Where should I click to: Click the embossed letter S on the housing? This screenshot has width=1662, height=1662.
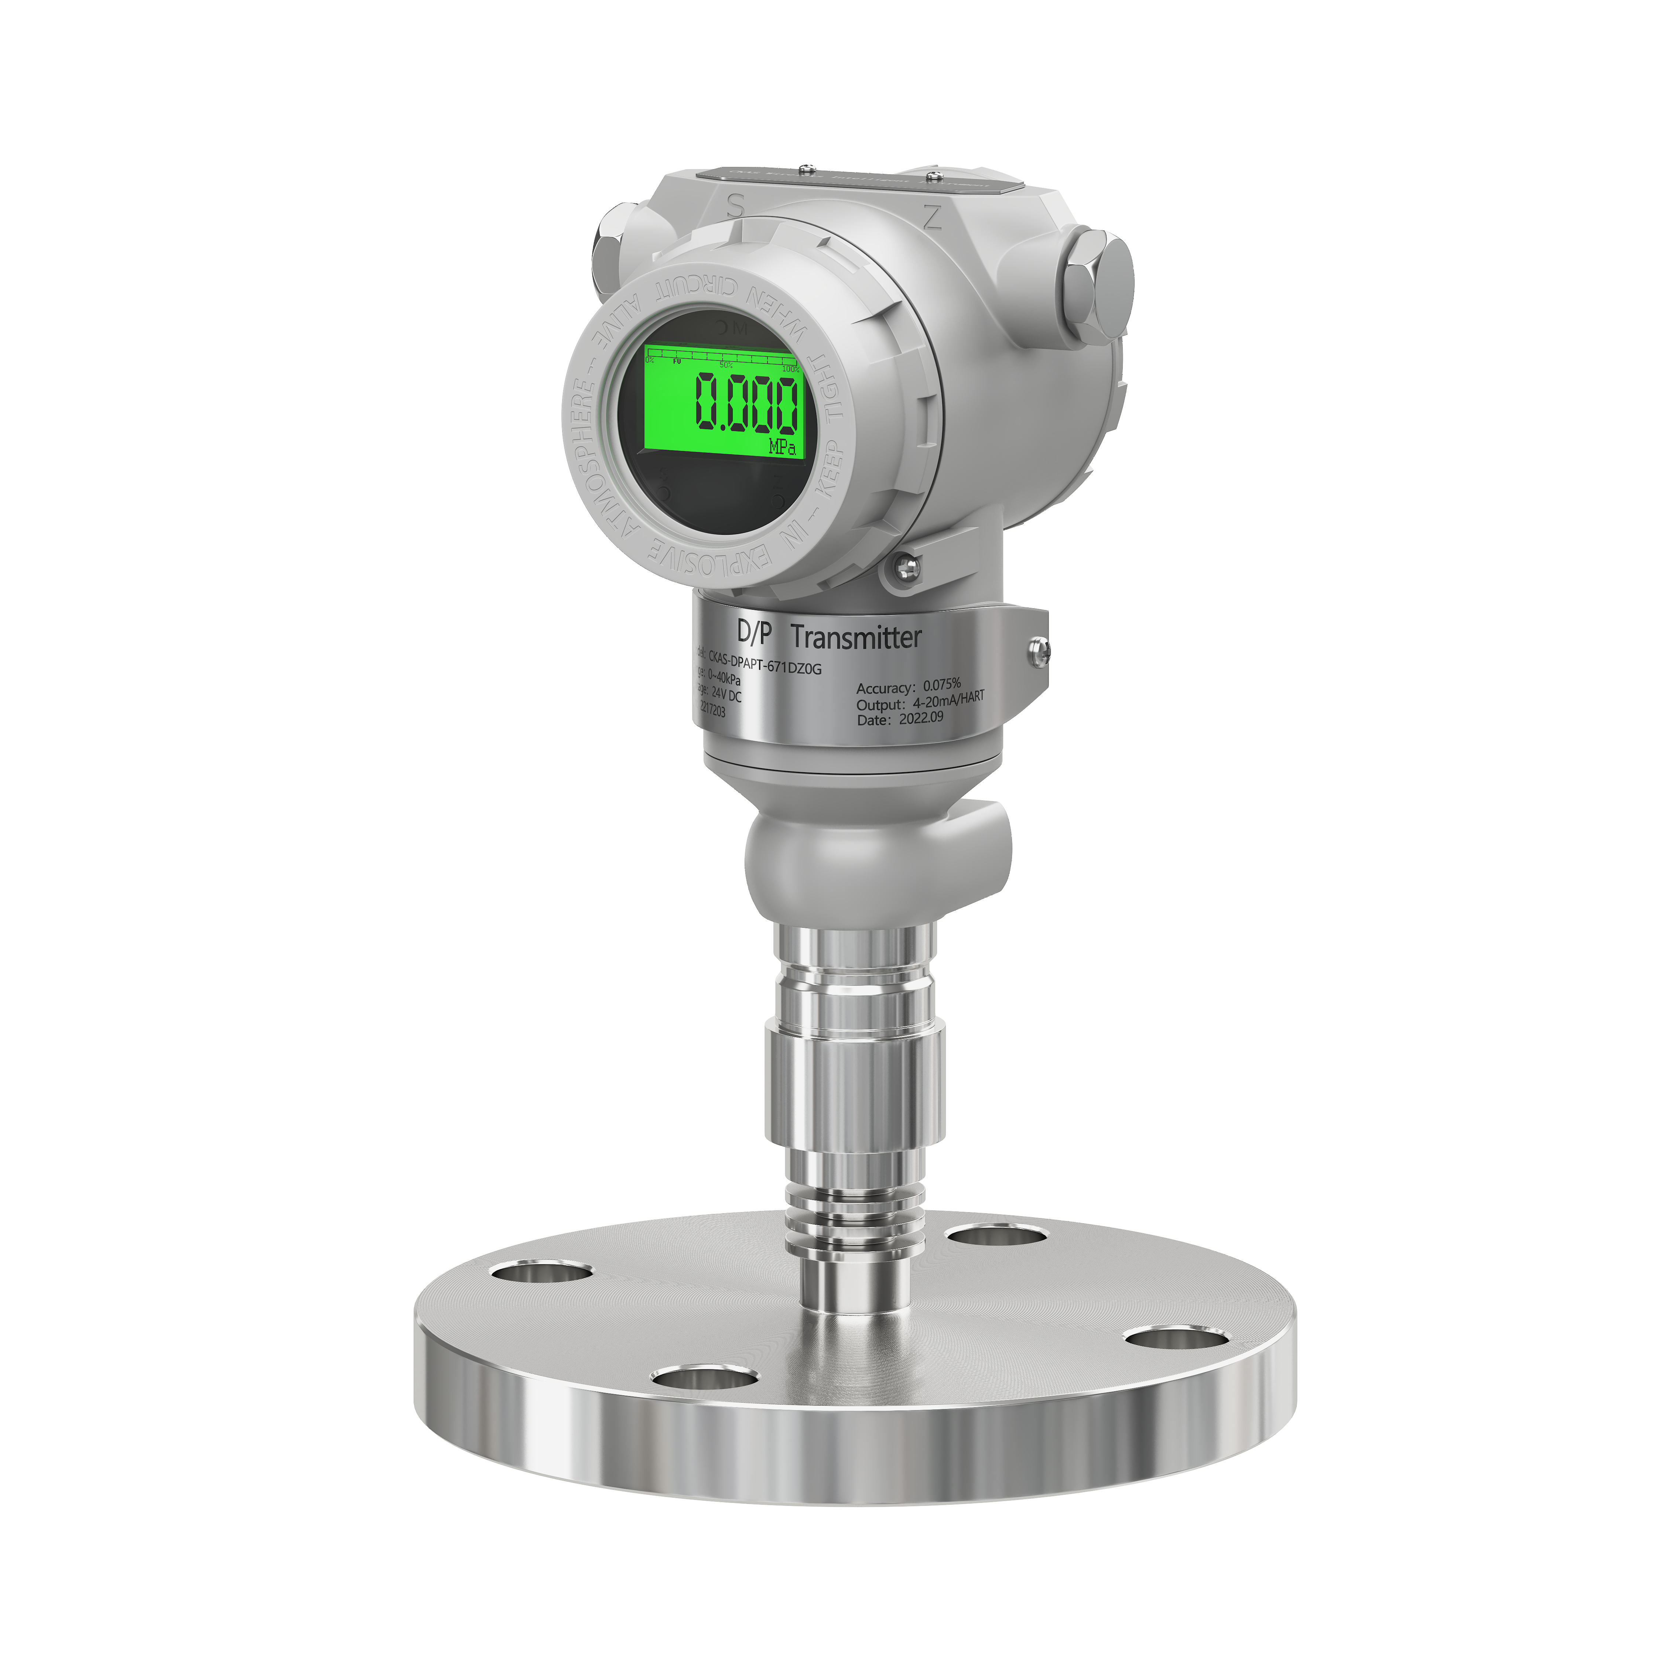coord(735,205)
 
